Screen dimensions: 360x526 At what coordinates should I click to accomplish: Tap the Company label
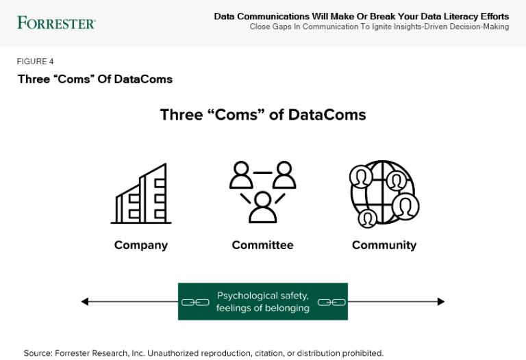coord(141,245)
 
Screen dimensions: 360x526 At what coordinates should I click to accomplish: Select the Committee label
coord(262,245)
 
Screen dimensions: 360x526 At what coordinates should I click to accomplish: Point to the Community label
coord(384,245)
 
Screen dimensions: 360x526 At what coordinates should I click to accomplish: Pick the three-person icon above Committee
coord(262,192)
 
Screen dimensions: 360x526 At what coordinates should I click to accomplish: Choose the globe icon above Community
coord(384,194)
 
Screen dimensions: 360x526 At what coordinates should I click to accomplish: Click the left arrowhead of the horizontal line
coord(85,301)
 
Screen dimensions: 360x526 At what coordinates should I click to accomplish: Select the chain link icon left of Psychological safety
coord(195,302)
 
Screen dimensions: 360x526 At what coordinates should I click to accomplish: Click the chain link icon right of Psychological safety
coord(331,302)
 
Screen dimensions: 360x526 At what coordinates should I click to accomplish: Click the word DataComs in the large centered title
coord(327,114)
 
